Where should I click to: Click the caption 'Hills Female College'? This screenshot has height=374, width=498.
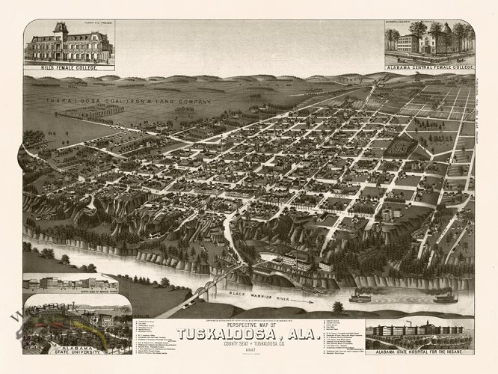point(69,67)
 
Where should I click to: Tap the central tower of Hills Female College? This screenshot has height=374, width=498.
point(61,31)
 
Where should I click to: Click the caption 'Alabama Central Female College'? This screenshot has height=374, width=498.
point(430,67)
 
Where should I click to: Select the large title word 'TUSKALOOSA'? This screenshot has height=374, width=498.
point(224,334)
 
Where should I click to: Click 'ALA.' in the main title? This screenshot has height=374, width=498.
point(301,334)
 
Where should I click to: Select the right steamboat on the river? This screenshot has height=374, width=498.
point(446,298)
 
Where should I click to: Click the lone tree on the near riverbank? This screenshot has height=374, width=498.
point(338,307)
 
